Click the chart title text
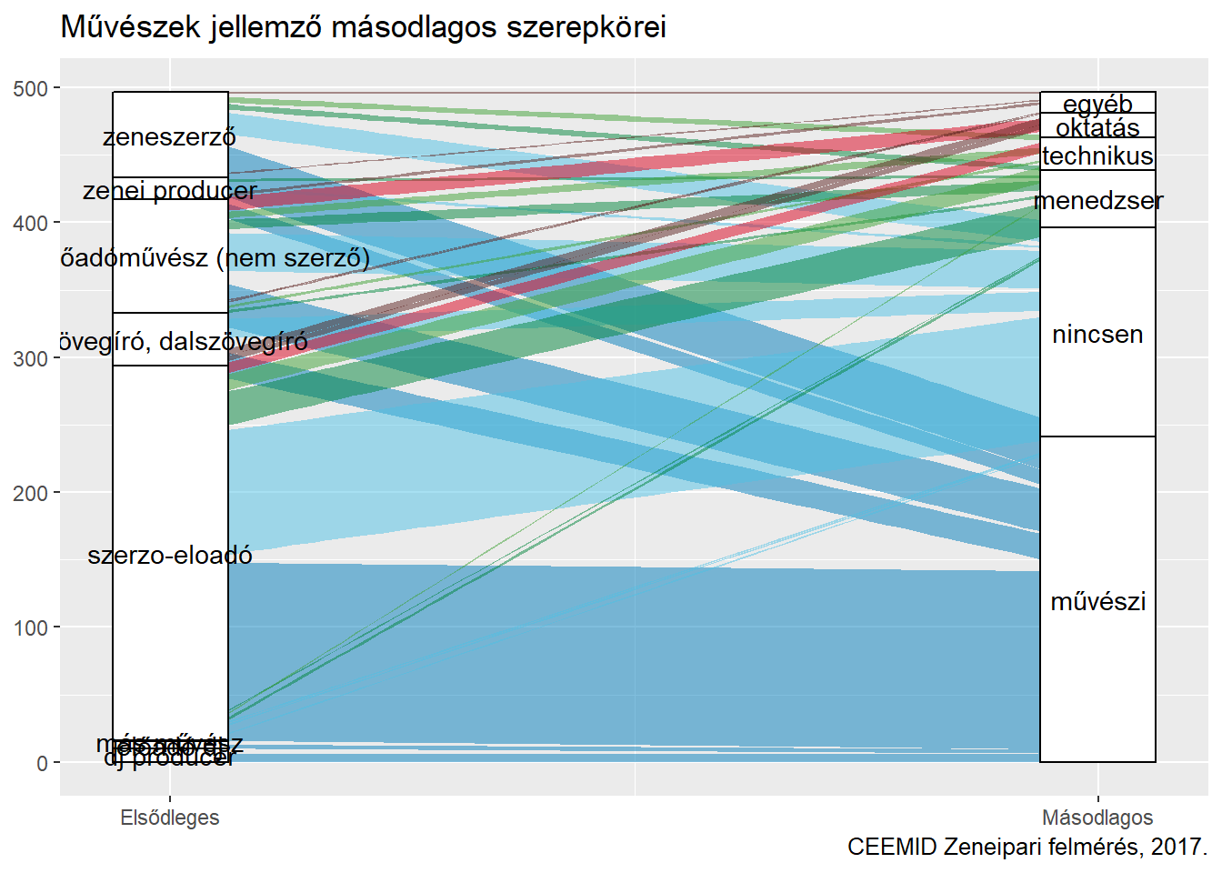363,27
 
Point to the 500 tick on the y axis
31,88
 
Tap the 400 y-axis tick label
31,224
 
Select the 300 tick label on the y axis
31,358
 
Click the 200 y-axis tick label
31,493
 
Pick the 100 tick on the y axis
31,628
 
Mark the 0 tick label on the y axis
43,763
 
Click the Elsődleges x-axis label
170,818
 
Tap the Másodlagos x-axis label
1097,818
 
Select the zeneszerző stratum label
169,137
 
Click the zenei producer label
170,191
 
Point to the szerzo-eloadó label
170,556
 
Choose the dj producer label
170,758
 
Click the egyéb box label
1097,104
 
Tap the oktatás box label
1097,127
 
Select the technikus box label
1097,156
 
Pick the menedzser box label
1097,201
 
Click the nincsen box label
1097,335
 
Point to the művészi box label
1097,601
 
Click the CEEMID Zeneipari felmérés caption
1027,847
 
